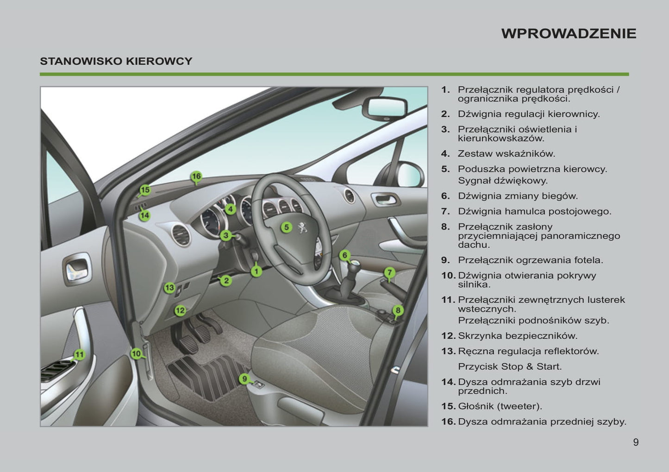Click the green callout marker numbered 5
pyautogui.click(x=287, y=227)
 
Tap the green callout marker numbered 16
pyautogui.click(x=196, y=176)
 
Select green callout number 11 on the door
pyautogui.click(x=80, y=355)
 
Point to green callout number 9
pyautogui.click(x=244, y=379)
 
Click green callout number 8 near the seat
pyautogui.click(x=398, y=310)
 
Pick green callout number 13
pyautogui.click(x=169, y=288)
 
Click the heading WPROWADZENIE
pyautogui.click(x=569, y=33)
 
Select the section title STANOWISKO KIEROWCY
pyautogui.click(x=116, y=61)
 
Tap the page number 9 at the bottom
pyautogui.click(x=636, y=442)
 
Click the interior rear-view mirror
pyautogui.click(x=385, y=108)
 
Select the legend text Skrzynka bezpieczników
pyautogui.click(x=518, y=336)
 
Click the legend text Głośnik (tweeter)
pyautogui.click(x=500, y=406)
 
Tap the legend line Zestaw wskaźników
pyautogui.click(x=506, y=153)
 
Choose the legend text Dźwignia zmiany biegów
pyautogui.click(x=518, y=196)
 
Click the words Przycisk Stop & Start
pyautogui.click(x=510, y=366)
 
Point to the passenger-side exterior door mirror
pyautogui.click(x=406, y=174)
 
